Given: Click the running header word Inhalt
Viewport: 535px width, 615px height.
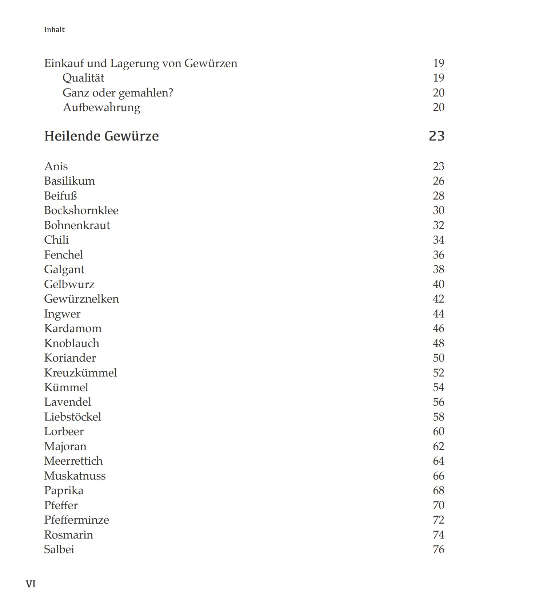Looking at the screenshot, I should (54, 29).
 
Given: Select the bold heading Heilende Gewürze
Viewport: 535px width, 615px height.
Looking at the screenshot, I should (101, 136).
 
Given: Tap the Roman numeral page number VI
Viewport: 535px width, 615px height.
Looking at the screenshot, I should (31, 584).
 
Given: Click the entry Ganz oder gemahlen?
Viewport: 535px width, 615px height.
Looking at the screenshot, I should (117, 93).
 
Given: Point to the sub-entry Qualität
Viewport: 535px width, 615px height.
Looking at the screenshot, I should (83, 78).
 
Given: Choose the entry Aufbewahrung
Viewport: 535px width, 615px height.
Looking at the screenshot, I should (101, 107).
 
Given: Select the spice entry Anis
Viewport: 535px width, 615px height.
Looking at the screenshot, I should (56, 166).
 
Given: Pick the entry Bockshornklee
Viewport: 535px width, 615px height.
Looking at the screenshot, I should (81, 210).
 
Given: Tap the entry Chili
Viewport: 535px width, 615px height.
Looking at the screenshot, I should (56, 240).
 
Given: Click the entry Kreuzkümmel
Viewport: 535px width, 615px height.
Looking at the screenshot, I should (80, 373).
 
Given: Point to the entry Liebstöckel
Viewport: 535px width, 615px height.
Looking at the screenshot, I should (73, 417).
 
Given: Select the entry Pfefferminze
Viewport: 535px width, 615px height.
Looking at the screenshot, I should (76, 520).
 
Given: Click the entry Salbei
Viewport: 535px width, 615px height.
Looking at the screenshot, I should (59, 549).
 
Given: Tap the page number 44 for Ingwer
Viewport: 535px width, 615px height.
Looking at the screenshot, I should (438, 314).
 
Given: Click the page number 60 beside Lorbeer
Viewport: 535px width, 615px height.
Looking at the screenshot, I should (438, 431).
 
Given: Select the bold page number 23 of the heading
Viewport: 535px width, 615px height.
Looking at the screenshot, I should (436, 136).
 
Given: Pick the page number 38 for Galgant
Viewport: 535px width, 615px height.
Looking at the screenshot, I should (438, 269).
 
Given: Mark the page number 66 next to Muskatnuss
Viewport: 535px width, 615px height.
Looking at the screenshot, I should (438, 476).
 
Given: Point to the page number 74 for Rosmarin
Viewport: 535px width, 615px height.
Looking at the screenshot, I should (438, 535).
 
